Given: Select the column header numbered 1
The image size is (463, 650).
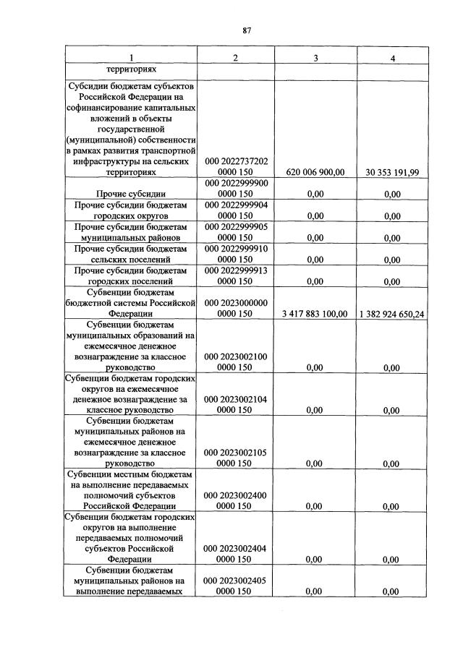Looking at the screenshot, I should pyautogui.click(x=131, y=58).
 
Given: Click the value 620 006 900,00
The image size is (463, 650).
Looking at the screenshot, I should pyautogui.click(x=315, y=173).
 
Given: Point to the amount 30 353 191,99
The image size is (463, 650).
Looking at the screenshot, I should pyautogui.click(x=392, y=173).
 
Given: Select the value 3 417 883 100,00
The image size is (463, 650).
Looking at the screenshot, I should pyautogui.click(x=315, y=313).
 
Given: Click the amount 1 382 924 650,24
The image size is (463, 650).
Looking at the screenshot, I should pyautogui.click(x=391, y=313).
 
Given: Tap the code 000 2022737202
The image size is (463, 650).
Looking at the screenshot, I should pyautogui.click(x=237, y=162).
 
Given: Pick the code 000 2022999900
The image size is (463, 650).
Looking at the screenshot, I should pyautogui.click(x=237, y=184).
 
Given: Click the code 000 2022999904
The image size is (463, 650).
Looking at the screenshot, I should pyautogui.click(x=237, y=205).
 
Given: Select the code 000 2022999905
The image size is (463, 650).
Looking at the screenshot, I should pyautogui.click(x=237, y=227).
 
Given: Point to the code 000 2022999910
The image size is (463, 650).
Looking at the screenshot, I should pyautogui.click(x=237, y=249).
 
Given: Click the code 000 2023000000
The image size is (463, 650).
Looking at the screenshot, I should pyautogui.click(x=237, y=303).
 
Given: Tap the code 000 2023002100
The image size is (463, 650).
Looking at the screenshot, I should pyautogui.click(x=237, y=356).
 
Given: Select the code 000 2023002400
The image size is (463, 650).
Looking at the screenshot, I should pyautogui.click(x=237, y=496).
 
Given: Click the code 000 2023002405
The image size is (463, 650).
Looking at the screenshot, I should pyautogui.click(x=237, y=581).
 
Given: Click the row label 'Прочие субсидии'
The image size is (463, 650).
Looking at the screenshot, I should pyautogui.click(x=131, y=194).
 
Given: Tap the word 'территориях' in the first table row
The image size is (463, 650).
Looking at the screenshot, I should pyautogui.click(x=131, y=71).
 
